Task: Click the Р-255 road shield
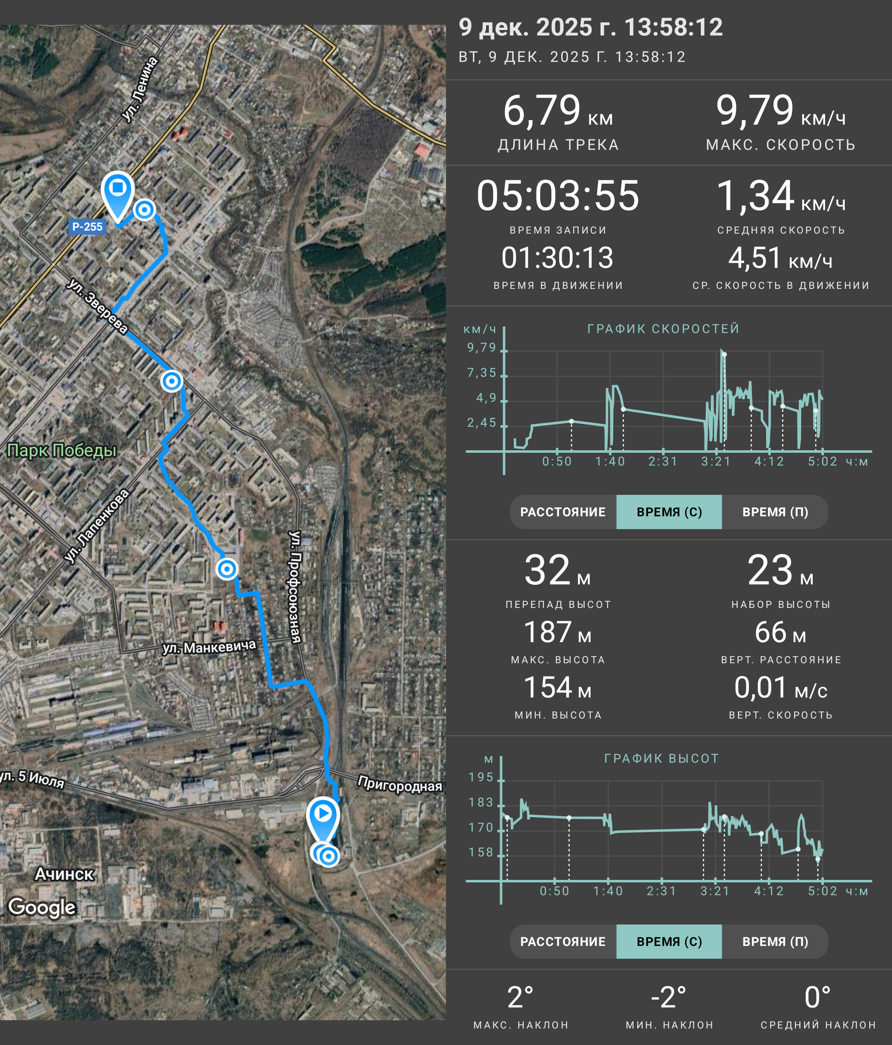87,227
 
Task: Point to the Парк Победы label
62,450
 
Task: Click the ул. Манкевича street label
209,647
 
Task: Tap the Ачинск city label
64,874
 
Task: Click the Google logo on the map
42,907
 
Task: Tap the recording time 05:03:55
558,196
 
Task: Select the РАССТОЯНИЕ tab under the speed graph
563,512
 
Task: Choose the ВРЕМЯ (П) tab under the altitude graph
775,941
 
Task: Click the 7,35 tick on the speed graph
482,373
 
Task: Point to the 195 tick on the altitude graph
481,777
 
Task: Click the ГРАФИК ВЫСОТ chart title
662,759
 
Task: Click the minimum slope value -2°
669,997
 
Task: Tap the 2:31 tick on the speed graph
663,461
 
